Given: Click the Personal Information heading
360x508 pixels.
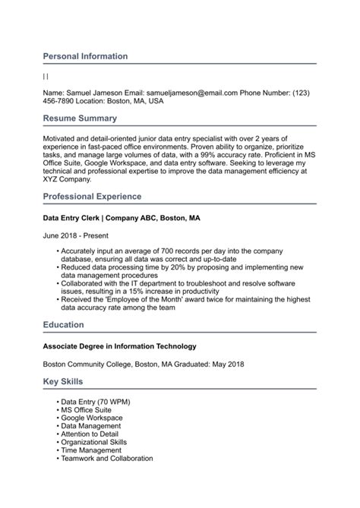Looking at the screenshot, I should click(85, 56).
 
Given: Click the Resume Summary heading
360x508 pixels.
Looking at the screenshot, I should click(80, 118).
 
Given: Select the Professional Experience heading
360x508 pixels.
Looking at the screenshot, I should click(92, 197).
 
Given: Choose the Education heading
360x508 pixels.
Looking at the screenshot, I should click(63, 325).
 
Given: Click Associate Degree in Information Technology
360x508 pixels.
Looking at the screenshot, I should click(119, 346).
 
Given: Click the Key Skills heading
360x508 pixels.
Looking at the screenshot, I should click(63, 381).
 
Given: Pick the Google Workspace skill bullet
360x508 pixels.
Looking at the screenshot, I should click(92, 418).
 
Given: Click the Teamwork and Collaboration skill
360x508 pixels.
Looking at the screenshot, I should click(107, 459).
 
